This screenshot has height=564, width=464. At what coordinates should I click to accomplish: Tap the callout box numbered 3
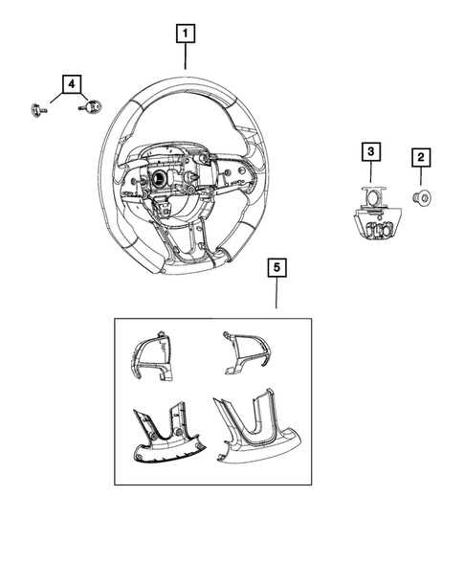pyautogui.click(x=370, y=151)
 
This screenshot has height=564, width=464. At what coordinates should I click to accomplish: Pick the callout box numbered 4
pyautogui.click(x=70, y=84)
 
